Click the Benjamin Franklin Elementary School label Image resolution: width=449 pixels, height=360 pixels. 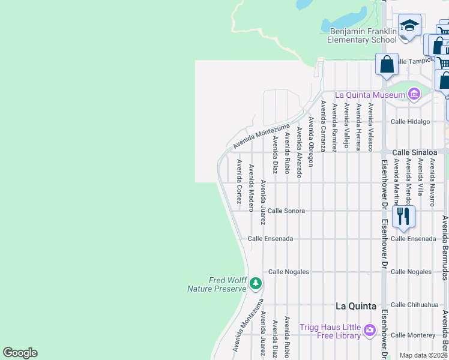(x=362, y=35)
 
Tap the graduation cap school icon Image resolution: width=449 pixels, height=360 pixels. (x=409, y=26)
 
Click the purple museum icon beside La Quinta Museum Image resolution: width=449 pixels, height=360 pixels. (x=414, y=94)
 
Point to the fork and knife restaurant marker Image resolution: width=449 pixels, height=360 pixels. (x=403, y=215)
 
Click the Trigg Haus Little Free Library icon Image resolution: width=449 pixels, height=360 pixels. (x=369, y=330)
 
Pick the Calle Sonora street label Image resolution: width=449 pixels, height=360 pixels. (x=286, y=211)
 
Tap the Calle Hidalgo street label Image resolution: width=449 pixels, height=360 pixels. (x=411, y=121)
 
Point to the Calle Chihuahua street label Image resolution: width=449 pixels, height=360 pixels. (x=415, y=305)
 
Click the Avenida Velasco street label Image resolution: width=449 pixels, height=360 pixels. (x=371, y=127)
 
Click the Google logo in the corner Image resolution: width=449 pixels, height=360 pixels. (x=20, y=353)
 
